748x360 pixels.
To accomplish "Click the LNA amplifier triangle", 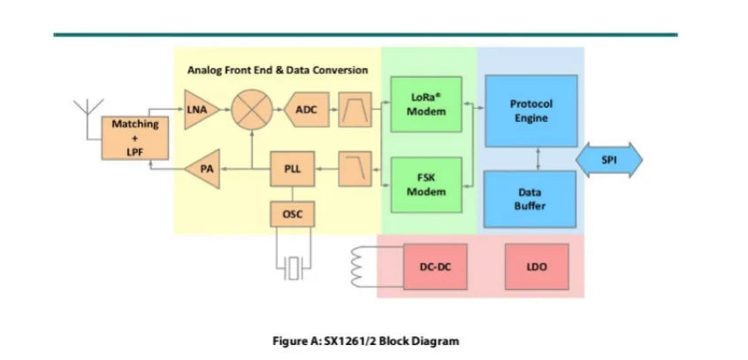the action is pos(201,110).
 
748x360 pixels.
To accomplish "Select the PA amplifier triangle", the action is pos(204,169).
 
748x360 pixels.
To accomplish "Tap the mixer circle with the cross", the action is pos(252,110).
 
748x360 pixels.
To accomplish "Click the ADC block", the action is pos(306,110).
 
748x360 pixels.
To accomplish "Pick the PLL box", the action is pos(293,169).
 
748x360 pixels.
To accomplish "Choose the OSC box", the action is pos(293,214).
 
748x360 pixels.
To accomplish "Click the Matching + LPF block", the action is pos(135,138).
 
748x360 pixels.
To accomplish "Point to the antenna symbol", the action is pos(88,115).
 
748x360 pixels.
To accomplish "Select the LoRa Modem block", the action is pos(426,104).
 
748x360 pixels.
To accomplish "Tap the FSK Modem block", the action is pos(426,185).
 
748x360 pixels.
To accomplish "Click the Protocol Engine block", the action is pos(531,111).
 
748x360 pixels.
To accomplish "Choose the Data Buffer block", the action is pos(530,199).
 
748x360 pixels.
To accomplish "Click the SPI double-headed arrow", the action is pos(609,160).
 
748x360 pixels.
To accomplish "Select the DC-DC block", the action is pos(435,266).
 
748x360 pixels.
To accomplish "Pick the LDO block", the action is pos(537,266).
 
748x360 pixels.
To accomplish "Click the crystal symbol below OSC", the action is pos(293,268).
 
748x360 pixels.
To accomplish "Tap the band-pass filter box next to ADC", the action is pos(355,110).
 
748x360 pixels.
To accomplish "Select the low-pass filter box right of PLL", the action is pos(355,169).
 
